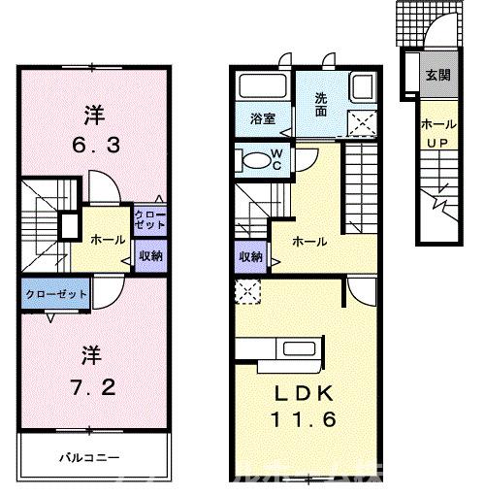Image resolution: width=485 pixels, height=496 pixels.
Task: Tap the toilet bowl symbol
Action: coord(253,160)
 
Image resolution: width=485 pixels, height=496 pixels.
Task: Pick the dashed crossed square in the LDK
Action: coord(246,289)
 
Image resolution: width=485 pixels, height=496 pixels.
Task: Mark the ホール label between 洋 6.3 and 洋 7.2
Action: coord(106,237)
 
